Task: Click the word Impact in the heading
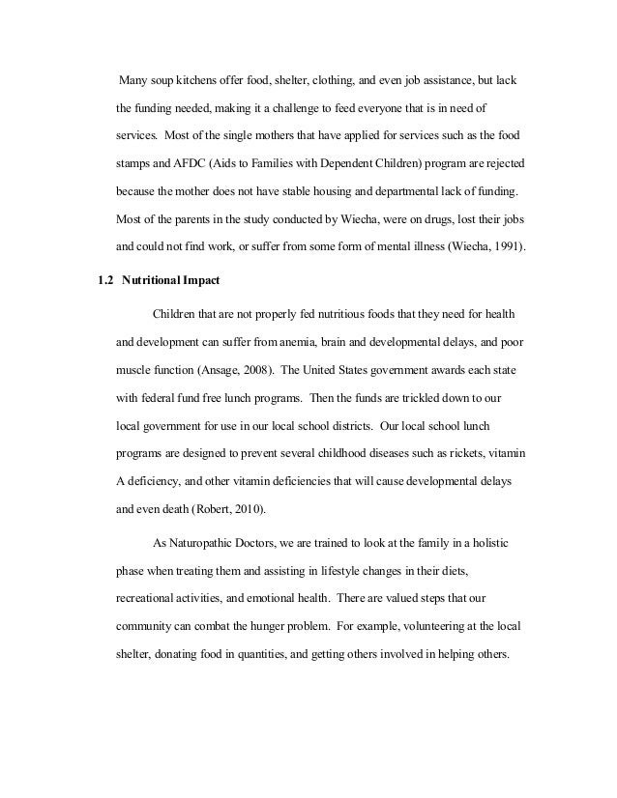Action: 205,281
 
